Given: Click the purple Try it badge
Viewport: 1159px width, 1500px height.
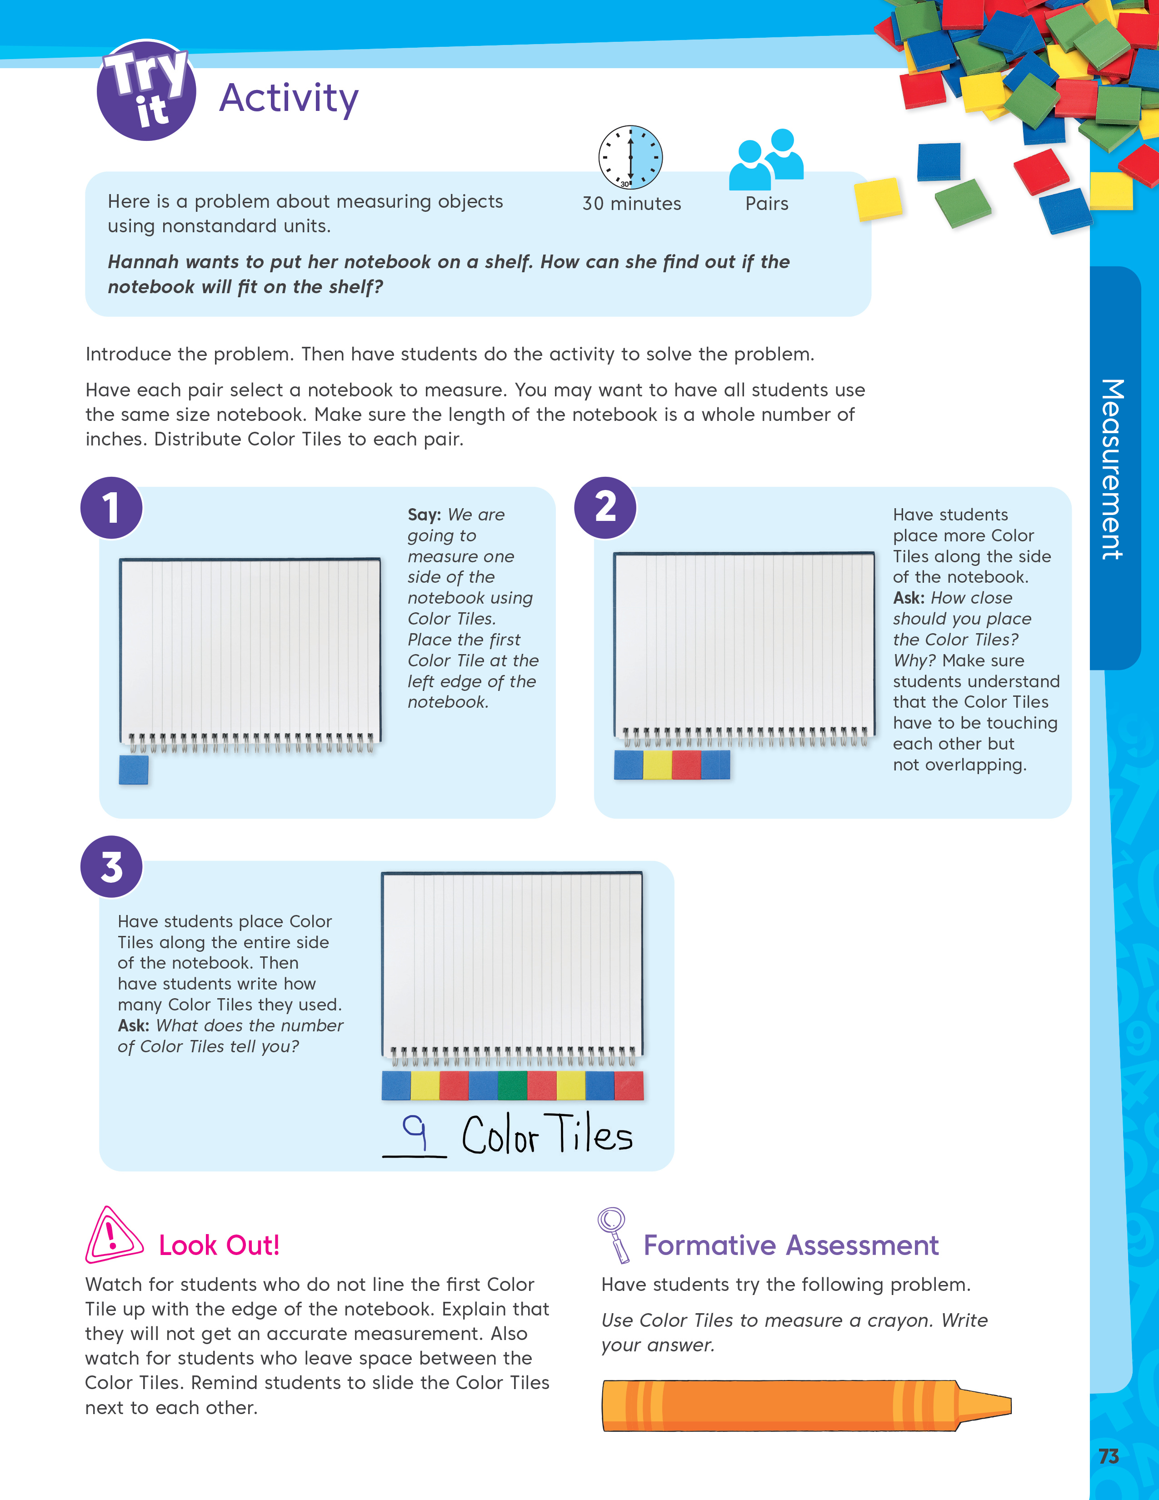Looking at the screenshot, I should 146,90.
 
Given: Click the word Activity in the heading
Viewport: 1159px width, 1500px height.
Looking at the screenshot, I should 288,98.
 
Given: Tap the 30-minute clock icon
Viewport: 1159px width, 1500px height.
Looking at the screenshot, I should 630,157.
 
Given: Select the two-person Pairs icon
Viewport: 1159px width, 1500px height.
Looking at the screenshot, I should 766,160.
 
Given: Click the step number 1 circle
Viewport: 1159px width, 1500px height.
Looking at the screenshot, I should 111,508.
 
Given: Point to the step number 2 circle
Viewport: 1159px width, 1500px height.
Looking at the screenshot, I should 605,508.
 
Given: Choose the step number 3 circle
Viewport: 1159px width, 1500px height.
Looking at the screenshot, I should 111,867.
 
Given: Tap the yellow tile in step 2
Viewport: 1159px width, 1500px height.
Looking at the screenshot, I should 657,765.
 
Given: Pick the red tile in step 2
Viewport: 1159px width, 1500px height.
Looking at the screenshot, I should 686,765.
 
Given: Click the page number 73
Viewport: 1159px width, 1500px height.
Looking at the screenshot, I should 1108,1456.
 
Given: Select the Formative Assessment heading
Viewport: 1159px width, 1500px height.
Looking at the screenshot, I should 790,1245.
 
